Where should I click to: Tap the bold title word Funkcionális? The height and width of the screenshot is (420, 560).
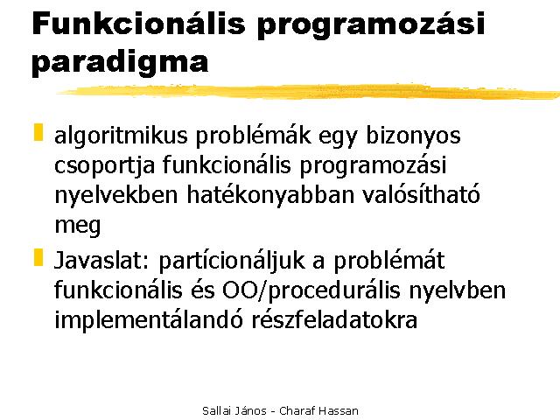pos(139,24)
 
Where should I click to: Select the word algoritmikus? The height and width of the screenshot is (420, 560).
pos(121,136)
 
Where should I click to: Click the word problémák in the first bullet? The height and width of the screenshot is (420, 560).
pos(253,136)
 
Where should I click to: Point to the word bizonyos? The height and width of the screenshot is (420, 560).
pos(413,136)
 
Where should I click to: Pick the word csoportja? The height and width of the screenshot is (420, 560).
pos(105,166)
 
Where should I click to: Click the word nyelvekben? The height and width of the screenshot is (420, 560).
pos(116,195)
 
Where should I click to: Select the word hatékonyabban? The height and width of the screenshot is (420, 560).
pos(270,195)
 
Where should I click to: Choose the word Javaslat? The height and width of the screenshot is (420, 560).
pos(101,260)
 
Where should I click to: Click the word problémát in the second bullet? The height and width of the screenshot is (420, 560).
pos(388,261)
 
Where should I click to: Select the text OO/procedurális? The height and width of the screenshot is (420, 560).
pos(311,291)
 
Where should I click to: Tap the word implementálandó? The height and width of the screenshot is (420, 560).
pos(148,319)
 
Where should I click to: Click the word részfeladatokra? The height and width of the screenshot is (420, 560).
pos(334,319)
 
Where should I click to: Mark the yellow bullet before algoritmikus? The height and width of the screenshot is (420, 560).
pos(38,132)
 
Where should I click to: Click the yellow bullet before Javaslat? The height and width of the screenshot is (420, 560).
pos(38,257)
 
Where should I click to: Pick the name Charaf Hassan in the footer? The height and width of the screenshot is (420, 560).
pos(318,410)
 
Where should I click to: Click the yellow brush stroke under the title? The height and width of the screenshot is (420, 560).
pos(308,91)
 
